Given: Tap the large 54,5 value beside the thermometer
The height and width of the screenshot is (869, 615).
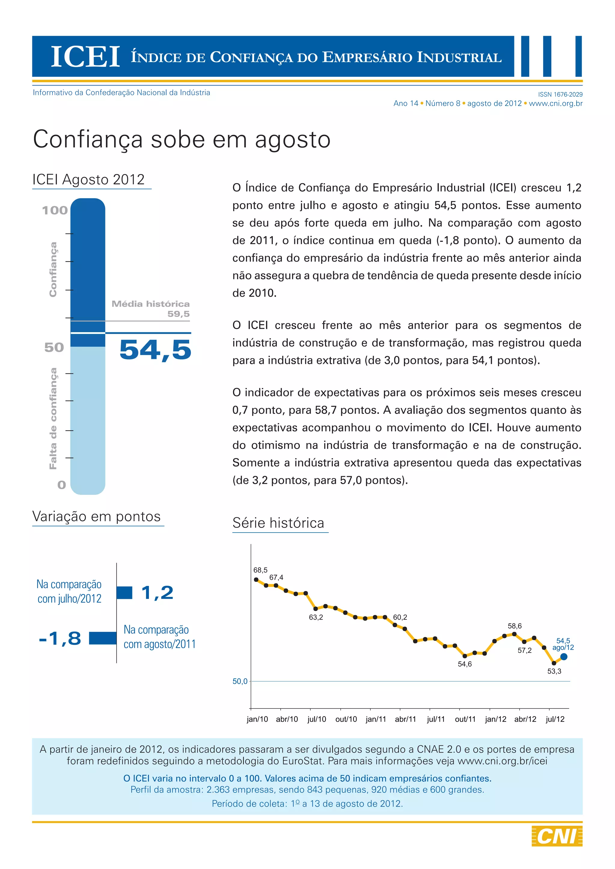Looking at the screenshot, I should (155, 349).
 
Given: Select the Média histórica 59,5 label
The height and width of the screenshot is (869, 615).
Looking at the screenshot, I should (151, 308).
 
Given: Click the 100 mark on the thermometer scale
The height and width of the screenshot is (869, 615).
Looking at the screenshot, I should (55, 210).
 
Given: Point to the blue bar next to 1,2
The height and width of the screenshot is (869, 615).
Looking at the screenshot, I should (125, 593).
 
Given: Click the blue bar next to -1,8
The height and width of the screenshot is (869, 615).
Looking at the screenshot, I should (103, 638).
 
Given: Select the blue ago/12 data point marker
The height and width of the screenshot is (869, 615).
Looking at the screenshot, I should (563, 657).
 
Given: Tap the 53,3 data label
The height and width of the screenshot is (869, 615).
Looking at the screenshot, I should (554, 671).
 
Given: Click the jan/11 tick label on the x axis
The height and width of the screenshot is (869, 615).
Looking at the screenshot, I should (376, 719).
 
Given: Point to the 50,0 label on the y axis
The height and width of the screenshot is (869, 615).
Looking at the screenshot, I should (240, 681).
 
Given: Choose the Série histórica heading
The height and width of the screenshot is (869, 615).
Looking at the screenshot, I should (278, 523).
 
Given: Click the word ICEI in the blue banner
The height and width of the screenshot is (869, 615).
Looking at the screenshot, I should (86, 57).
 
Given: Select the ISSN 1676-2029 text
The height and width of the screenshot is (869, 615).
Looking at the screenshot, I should (560, 94).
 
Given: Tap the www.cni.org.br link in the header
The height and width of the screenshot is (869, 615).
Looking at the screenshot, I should (556, 103).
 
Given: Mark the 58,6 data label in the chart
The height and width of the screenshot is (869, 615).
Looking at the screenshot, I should (515, 626).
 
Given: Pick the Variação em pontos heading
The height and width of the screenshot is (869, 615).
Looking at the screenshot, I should (97, 516).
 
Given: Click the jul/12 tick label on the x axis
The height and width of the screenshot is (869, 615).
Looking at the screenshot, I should (555, 719).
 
